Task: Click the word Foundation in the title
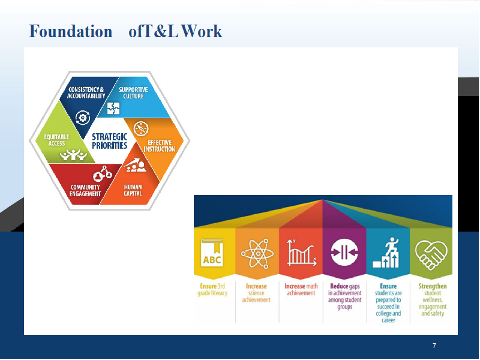[x=71, y=31]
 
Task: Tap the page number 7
[x=434, y=346]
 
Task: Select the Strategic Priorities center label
[x=109, y=141]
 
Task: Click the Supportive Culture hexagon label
[x=133, y=93]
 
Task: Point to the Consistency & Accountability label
[x=86, y=93]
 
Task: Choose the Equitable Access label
[x=56, y=140]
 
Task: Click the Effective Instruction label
[x=159, y=146]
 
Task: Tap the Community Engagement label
[x=85, y=190]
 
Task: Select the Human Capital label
[x=133, y=190]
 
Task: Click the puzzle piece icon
[x=113, y=109]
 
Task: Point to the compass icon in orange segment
[x=141, y=128]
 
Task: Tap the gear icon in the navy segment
[x=82, y=118]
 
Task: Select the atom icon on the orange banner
[x=257, y=253]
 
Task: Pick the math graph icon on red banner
[x=301, y=253]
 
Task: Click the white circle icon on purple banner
[x=344, y=253]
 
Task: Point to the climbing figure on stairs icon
[x=386, y=253]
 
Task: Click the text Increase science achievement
[x=256, y=293]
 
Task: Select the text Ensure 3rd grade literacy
[x=212, y=290]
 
